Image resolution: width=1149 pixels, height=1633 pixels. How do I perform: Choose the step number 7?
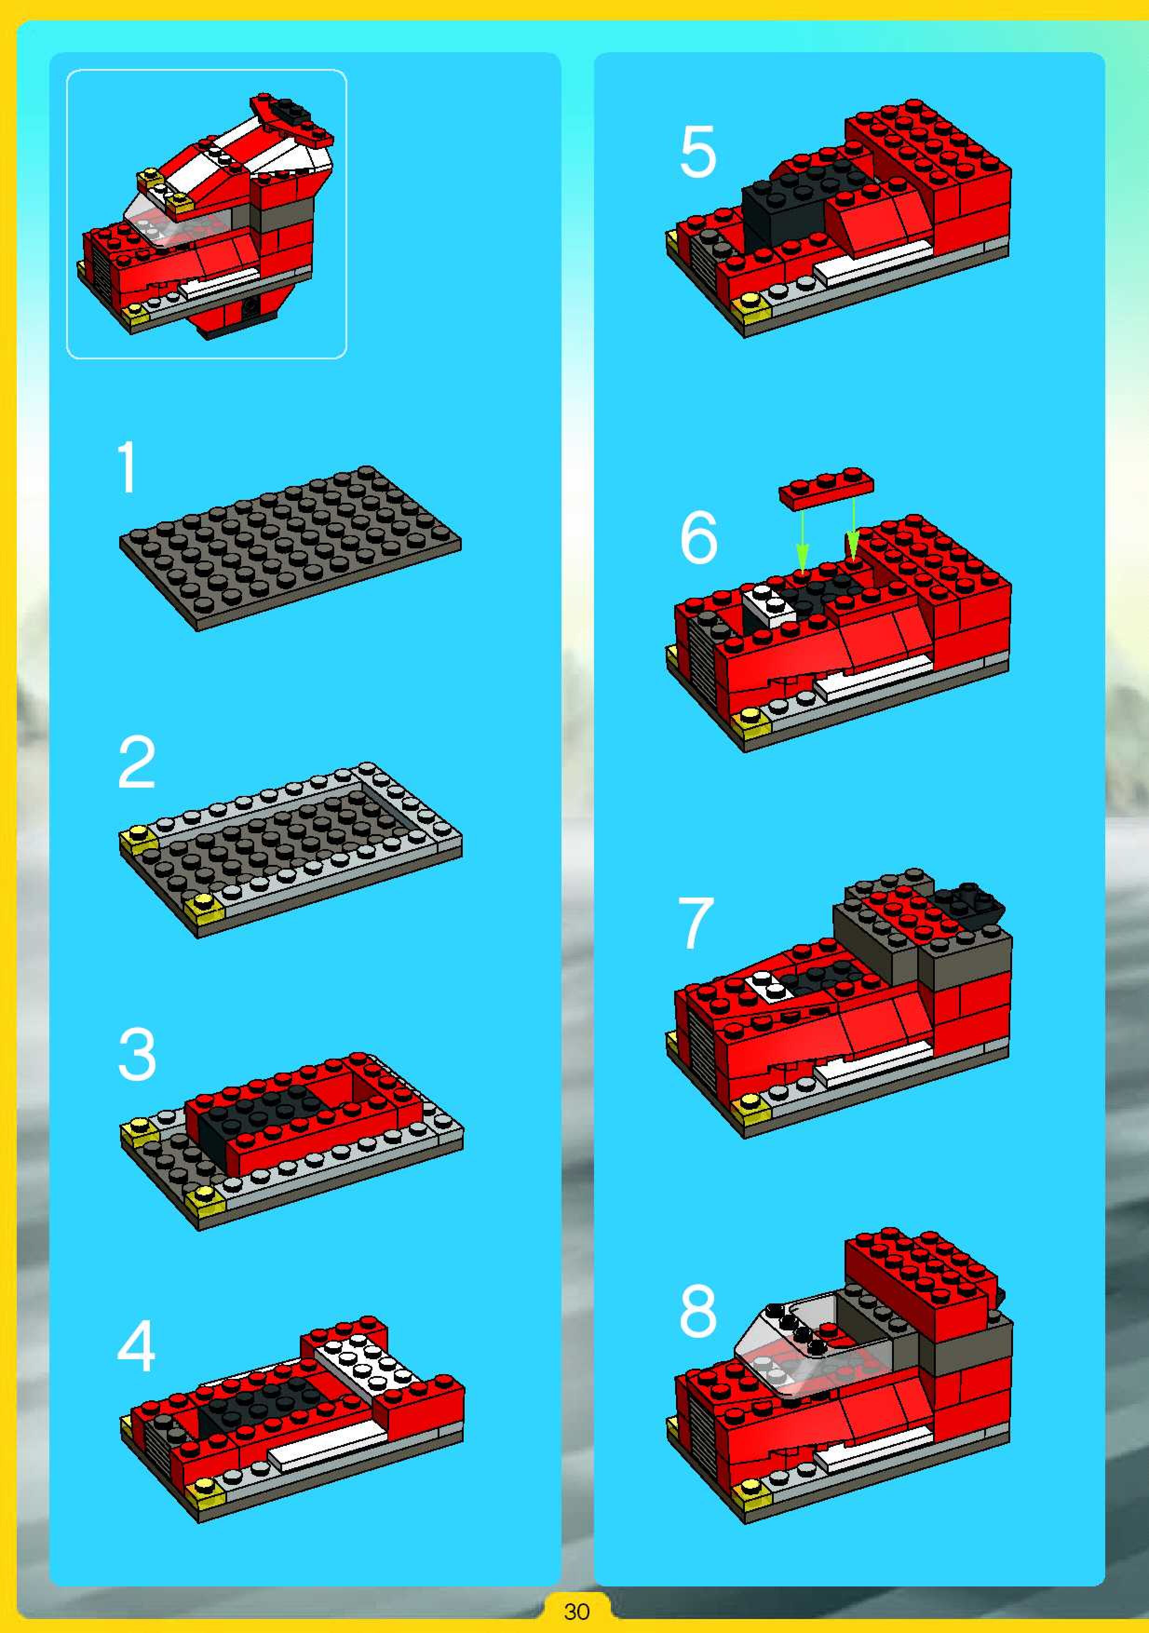coord(696,923)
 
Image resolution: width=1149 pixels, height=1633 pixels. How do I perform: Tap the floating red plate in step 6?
coord(826,487)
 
